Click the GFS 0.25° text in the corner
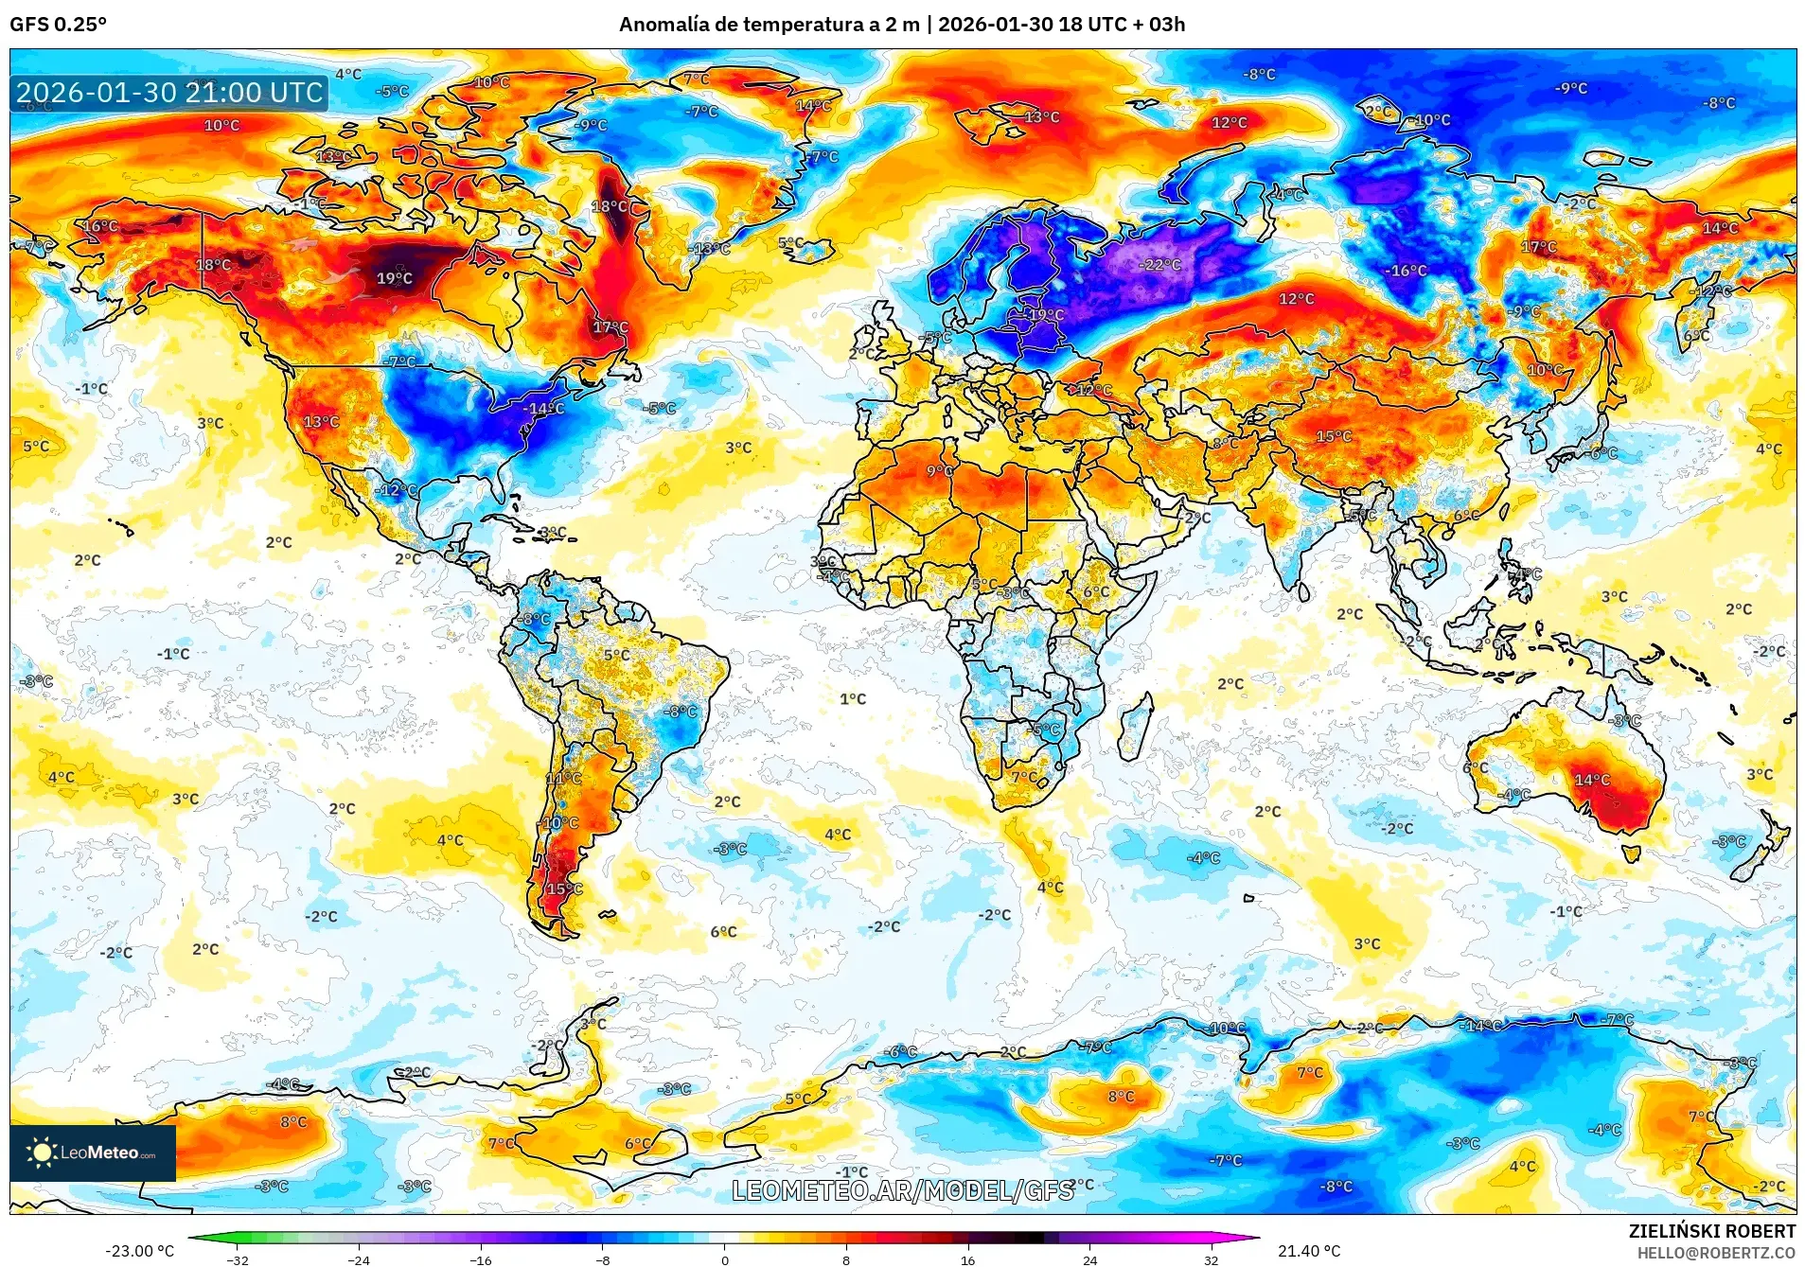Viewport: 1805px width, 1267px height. pos(58,25)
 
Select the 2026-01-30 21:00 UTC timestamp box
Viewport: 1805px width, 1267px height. pos(169,93)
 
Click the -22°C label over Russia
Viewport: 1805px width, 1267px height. pos(1160,265)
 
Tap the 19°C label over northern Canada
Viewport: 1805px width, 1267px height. pos(395,278)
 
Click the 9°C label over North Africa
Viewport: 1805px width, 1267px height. pos(939,471)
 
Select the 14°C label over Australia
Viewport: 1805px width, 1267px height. pos(1592,780)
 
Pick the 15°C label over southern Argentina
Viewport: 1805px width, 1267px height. pos(564,889)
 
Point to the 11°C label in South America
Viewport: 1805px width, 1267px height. pos(564,779)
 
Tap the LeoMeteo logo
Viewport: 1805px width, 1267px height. pos(93,1153)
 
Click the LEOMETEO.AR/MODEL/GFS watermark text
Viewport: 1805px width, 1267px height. pos(903,1190)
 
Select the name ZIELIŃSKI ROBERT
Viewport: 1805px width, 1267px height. pos(1711,1231)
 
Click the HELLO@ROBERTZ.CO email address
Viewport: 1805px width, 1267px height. pos(1716,1253)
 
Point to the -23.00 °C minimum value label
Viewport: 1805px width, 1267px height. pos(139,1251)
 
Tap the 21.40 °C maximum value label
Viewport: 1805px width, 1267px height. pos(1309,1251)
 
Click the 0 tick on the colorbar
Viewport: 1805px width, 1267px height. pos(725,1260)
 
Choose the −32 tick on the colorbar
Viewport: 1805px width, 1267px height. pos(237,1260)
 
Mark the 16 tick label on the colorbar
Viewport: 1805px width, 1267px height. pos(967,1260)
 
